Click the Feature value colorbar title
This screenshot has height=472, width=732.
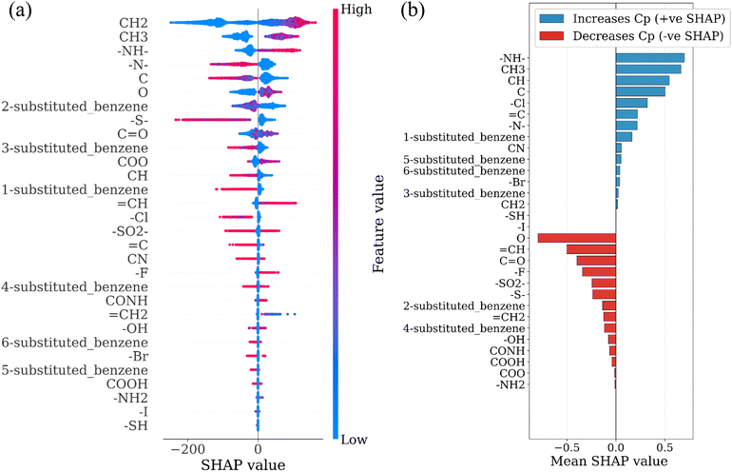tap(378, 225)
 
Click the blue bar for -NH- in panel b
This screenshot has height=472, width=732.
tap(649, 57)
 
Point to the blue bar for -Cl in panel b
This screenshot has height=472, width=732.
tap(631, 103)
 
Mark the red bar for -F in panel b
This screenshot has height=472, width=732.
tap(599, 272)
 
